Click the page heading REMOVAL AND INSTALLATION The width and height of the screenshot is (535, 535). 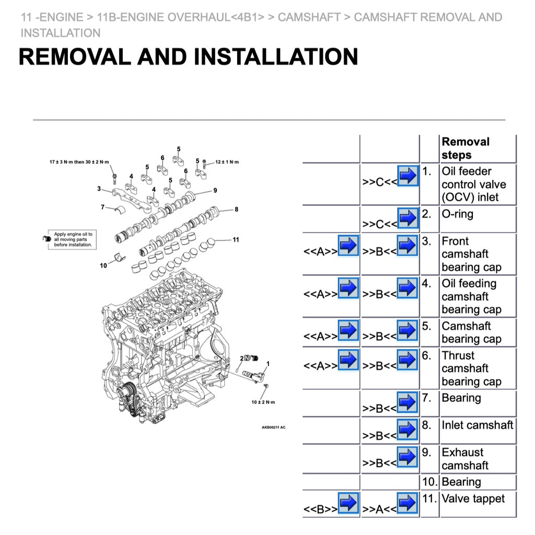tap(188, 56)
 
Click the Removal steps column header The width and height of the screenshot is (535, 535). tap(466, 148)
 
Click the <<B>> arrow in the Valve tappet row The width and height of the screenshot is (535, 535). tap(348, 503)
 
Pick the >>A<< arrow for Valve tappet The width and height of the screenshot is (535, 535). tap(407, 503)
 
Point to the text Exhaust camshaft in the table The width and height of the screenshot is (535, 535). tap(465, 458)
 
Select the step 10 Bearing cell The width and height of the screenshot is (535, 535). tap(461, 482)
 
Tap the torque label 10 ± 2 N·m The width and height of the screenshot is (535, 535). tap(263, 402)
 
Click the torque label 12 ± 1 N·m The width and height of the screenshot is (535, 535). tap(227, 162)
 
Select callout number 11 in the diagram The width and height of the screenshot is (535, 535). tap(236, 240)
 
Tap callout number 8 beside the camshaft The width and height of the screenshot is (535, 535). tap(236, 210)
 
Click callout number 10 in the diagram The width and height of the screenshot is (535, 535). tap(103, 265)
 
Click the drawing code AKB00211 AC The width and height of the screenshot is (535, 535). tap(273, 427)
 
